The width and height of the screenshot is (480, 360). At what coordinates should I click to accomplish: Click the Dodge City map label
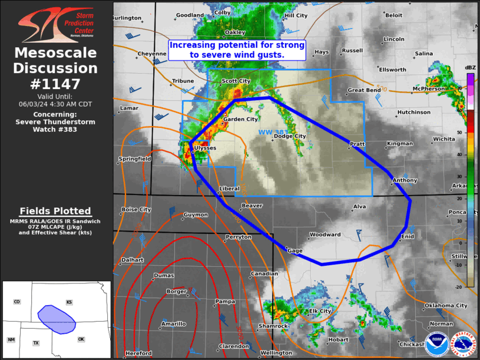point(290,136)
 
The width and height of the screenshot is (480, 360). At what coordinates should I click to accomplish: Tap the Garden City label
point(240,119)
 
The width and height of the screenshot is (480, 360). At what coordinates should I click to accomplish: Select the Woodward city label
point(325,235)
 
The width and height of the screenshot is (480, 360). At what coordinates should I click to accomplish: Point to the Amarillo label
point(174,323)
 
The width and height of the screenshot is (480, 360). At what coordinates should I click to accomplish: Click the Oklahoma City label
point(446,305)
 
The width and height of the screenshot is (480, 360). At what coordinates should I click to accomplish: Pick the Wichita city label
point(443,139)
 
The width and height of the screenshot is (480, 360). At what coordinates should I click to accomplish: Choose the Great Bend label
point(365,90)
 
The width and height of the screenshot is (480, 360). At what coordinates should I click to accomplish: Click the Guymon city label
point(196,214)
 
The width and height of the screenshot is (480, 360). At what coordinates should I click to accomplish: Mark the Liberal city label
point(229,189)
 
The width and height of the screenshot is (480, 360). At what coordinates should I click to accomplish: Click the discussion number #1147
point(55,84)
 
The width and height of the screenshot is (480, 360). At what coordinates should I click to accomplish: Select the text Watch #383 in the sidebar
point(55,129)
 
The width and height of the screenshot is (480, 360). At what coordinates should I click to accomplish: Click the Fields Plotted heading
point(55,211)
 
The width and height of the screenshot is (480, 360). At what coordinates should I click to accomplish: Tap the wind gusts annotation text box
point(237,49)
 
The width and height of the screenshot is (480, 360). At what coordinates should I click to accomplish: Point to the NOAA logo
point(436,345)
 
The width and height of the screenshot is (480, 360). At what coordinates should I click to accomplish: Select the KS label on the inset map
point(69,302)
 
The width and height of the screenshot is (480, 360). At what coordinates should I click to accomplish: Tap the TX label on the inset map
point(36,343)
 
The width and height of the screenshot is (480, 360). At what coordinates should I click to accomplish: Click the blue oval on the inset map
point(57,319)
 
